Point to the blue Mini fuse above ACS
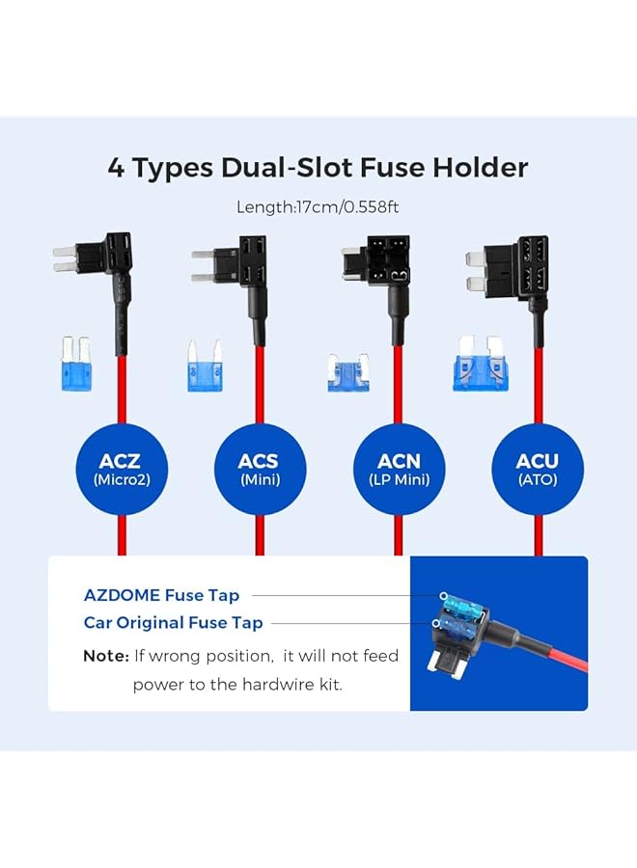tap(205, 366)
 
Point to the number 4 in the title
tap(117, 168)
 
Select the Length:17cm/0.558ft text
tap(318, 206)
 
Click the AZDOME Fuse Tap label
tap(162, 596)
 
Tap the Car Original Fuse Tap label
tap(174, 623)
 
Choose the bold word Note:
tap(106, 656)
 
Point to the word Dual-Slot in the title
tap(289, 168)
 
